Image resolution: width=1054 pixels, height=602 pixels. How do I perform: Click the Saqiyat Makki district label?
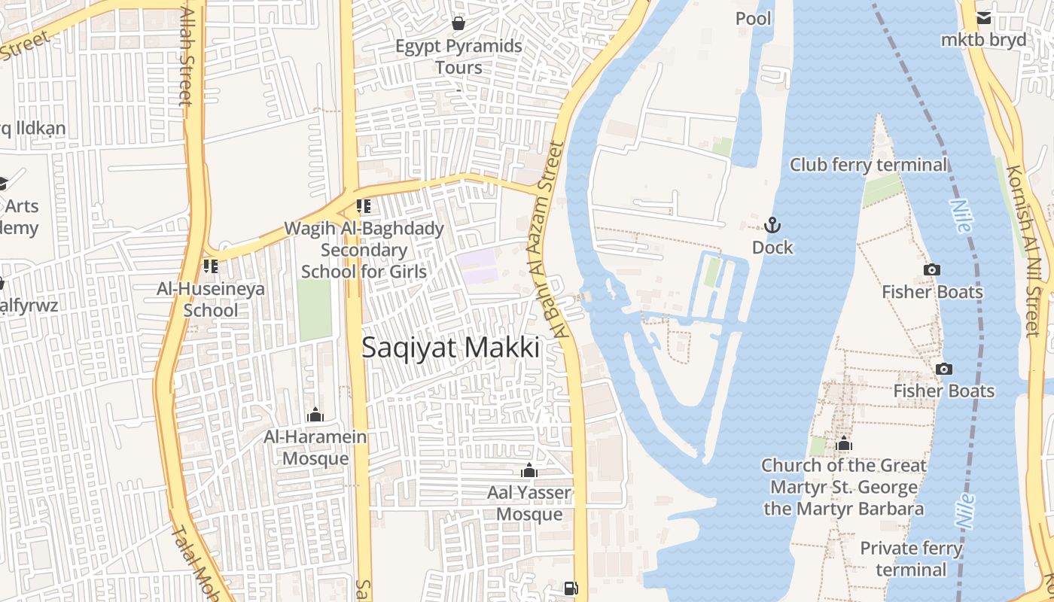click(450, 348)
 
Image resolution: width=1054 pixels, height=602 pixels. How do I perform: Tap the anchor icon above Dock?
click(772, 225)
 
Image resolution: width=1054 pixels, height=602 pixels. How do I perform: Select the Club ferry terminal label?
click(869, 165)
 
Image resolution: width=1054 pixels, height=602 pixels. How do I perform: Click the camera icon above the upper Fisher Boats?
click(931, 269)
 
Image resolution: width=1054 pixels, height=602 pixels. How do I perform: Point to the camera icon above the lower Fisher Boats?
click(943, 369)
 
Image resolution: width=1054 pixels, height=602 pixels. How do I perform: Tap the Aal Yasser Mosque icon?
click(529, 471)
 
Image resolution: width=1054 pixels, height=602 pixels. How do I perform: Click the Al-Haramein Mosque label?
click(315, 448)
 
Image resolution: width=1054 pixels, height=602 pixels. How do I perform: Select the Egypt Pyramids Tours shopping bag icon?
click(458, 24)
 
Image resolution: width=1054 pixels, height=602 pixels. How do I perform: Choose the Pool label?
click(754, 18)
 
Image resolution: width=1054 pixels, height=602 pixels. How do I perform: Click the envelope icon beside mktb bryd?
click(983, 18)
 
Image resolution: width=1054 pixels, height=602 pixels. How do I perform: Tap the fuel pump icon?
click(571, 588)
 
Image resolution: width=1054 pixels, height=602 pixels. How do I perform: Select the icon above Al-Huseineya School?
click(210, 266)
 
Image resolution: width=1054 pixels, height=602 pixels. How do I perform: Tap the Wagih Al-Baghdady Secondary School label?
click(364, 250)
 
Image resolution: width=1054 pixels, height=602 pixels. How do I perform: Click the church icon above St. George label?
click(844, 443)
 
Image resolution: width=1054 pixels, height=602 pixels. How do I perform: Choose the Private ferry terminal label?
click(911, 558)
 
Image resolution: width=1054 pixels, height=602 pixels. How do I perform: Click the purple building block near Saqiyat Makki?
click(477, 267)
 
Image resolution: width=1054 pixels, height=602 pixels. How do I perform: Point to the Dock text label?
click(772, 248)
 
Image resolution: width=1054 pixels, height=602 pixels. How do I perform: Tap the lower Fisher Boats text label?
click(943, 391)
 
